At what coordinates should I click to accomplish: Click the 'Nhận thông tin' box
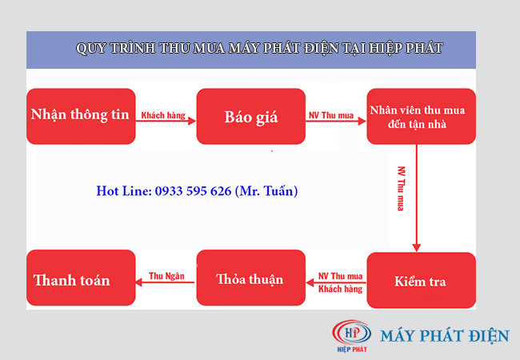click(81, 116)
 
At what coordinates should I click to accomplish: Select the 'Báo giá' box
click(250, 116)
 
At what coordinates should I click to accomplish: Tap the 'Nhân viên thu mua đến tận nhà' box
click(421, 116)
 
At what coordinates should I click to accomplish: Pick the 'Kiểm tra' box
click(421, 280)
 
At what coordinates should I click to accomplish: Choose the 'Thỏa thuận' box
click(250, 278)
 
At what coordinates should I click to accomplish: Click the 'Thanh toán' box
click(81, 278)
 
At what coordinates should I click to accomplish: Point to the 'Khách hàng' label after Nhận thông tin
click(163, 115)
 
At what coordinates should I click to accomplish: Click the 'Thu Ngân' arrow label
click(166, 276)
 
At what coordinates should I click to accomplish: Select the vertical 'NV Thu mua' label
click(402, 188)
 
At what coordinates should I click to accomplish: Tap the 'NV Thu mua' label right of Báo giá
click(331, 115)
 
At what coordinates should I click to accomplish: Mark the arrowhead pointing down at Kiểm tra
click(417, 248)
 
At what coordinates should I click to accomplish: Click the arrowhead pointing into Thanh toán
click(139, 282)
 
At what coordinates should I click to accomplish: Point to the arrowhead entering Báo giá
click(192, 121)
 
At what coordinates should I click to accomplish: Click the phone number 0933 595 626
click(193, 191)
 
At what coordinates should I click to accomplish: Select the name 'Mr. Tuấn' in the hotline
click(266, 191)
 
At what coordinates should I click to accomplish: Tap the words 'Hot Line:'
click(124, 191)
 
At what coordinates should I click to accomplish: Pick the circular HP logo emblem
click(351, 333)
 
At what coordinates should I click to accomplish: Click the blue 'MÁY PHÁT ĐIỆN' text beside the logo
click(445, 335)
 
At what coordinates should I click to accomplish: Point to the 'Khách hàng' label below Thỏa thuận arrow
click(340, 289)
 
